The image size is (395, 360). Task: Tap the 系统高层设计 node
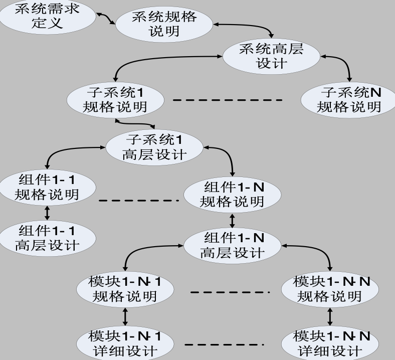coord(271,56)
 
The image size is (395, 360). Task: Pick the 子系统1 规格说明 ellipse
coord(115,100)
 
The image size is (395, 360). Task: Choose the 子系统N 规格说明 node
coord(349,99)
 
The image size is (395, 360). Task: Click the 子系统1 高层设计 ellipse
coord(154,147)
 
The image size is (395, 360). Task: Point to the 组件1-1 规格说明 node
coord(47,187)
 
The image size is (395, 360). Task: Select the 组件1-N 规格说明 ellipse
coord(232,195)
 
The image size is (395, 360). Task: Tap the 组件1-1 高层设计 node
coord(47,238)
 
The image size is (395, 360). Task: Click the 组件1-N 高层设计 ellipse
coord(232,245)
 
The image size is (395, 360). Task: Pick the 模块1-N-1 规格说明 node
coord(125,289)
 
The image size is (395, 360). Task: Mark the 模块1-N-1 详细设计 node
coord(125,343)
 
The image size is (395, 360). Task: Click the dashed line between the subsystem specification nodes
coord(228,100)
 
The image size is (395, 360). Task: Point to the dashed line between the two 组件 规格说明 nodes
coord(138,201)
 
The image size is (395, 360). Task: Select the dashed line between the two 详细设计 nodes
coord(224,344)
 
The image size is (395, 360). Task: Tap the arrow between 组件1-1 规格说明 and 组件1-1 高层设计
coord(47,213)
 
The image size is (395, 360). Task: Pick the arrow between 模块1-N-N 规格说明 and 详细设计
coord(329,316)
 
